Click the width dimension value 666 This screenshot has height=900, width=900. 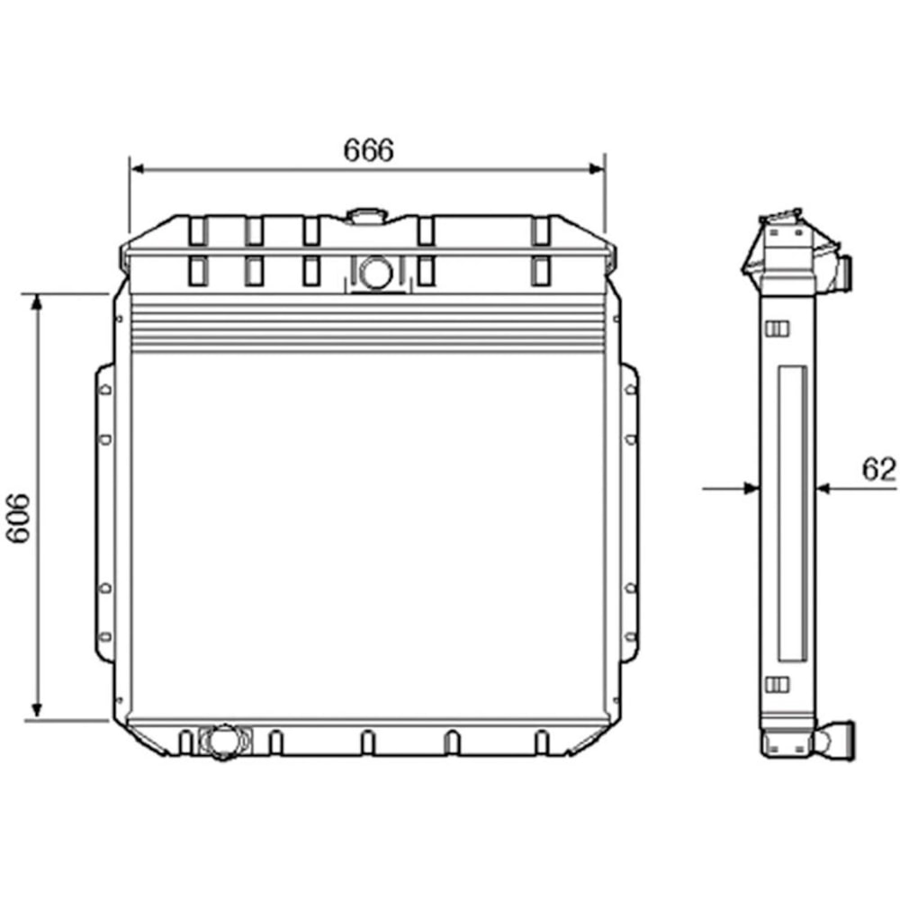[368, 150]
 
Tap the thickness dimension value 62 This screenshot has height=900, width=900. [878, 469]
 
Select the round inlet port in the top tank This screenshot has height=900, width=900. [375, 272]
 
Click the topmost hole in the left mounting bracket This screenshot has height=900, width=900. [105, 390]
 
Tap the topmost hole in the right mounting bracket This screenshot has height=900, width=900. [629, 390]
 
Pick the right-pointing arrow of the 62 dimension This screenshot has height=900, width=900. [751, 488]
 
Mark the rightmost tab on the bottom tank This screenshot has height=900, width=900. [542, 742]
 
